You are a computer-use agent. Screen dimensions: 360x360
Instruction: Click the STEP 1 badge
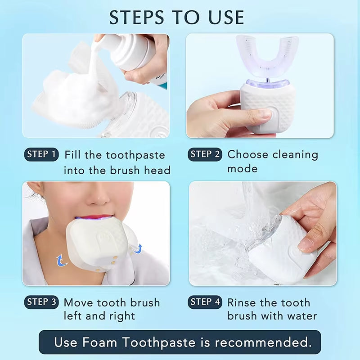tap(41, 155)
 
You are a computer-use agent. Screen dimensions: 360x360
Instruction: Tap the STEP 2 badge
tap(205, 155)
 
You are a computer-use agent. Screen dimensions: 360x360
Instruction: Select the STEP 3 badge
tap(41, 302)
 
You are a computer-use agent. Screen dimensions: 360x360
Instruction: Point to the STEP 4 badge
tap(205, 302)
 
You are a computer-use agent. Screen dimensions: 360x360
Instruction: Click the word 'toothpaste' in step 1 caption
tap(135, 156)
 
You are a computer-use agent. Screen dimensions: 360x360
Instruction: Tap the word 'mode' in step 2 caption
tap(242, 169)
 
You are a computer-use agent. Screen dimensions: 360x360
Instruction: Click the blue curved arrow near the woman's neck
tap(60, 260)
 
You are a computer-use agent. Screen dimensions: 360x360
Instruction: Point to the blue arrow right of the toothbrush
tap(138, 247)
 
